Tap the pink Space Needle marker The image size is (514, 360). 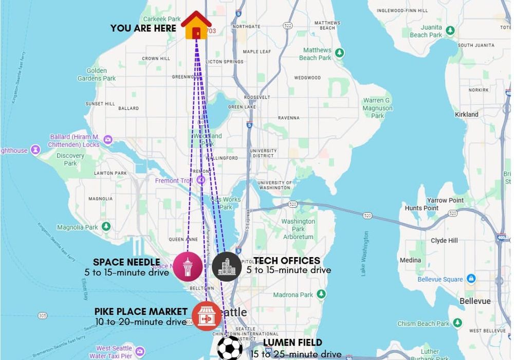point(187,266)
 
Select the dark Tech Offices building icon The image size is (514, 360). point(227,266)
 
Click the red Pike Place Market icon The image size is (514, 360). point(207,316)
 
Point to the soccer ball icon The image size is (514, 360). point(230,348)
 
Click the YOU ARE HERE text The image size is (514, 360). point(143,28)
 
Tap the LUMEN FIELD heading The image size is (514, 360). point(292,343)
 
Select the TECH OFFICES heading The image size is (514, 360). point(287,261)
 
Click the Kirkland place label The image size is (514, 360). point(466,114)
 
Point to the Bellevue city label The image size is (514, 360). point(475,301)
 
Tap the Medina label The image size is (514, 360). point(410,260)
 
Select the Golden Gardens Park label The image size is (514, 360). point(97,75)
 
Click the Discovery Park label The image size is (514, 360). point(70,159)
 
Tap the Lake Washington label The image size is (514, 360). point(365,254)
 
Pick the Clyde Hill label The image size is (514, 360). point(445,240)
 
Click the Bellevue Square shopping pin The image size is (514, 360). point(471,279)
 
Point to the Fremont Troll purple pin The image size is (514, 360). point(201,181)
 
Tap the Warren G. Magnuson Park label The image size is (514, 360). point(377,108)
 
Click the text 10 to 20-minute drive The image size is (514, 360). point(141,322)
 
